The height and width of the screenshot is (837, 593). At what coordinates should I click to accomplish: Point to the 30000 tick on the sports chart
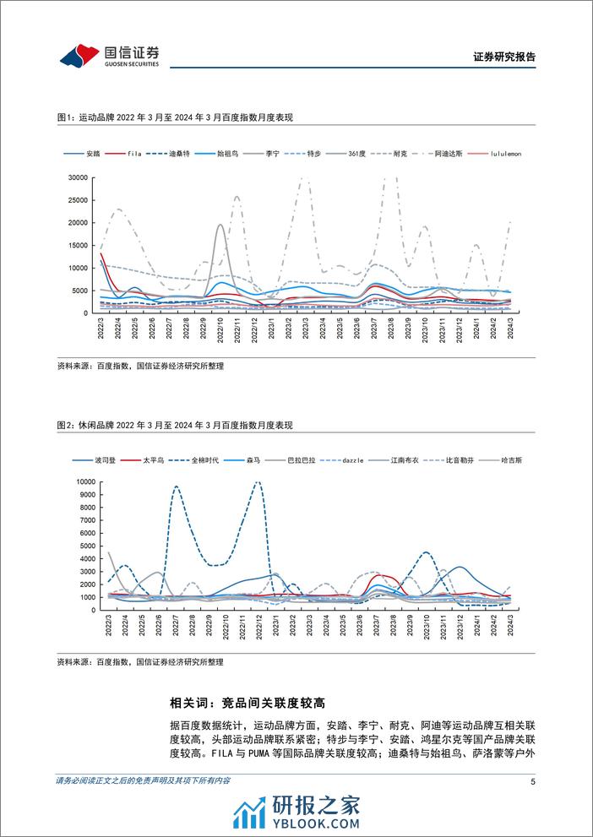79,177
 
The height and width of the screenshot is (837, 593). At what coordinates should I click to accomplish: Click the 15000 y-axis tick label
79,245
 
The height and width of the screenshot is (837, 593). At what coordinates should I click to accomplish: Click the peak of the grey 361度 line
220,225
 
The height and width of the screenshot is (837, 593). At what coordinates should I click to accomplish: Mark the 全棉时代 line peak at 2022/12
258,482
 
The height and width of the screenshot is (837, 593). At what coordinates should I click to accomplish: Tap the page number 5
532,782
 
